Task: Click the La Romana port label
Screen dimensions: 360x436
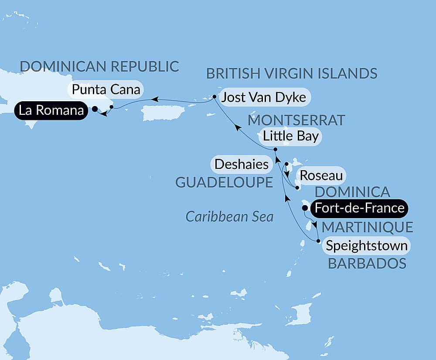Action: click(49, 110)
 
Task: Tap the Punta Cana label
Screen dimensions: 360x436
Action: click(107, 90)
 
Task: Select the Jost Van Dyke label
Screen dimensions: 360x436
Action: click(263, 98)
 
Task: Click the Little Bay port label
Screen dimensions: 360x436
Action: click(290, 137)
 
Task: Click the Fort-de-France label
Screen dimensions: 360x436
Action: click(359, 208)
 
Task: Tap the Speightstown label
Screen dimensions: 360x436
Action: click(367, 246)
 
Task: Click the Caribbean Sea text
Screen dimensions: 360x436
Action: click(229, 216)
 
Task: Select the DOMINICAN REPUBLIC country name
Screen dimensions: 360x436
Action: click(100, 66)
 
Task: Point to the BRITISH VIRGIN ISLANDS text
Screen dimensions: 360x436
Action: click(292, 73)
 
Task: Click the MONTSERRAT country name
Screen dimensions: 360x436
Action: click(296, 120)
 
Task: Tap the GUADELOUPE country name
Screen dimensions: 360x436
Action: click(224, 182)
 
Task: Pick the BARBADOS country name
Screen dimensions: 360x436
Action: click(367, 264)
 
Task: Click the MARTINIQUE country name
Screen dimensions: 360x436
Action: click(367, 227)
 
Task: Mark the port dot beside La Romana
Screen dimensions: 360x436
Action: click(95, 110)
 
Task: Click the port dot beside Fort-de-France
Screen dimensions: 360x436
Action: click(305, 208)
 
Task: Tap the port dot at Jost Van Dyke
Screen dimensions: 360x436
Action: click(215, 96)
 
